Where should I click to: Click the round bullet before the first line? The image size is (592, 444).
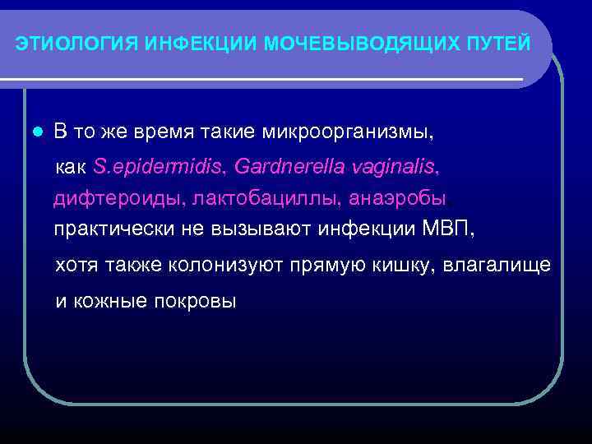tap(33, 132)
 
